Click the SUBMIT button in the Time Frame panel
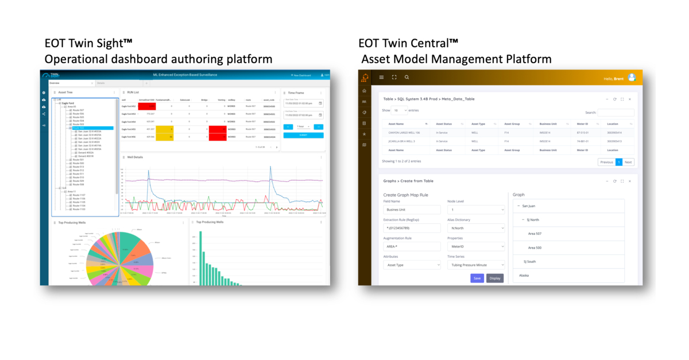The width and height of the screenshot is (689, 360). [x=303, y=136]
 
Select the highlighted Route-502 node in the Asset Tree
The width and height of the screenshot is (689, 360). [x=79, y=127]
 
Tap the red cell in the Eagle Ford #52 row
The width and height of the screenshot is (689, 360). [x=147, y=106]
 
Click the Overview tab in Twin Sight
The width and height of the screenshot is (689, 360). [x=54, y=83]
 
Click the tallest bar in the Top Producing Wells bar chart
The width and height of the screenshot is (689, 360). [x=200, y=258]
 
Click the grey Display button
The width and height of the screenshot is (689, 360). [x=495, y=278]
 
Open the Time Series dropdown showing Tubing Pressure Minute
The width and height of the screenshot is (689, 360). [x=476, y=265]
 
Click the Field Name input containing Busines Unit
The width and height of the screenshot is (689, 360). [x=412, y=210]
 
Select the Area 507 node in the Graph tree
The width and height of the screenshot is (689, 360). [x=535, y=234]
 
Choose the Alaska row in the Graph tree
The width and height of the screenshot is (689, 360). [x=524, y=276]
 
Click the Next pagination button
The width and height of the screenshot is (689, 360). [x=628, y=162]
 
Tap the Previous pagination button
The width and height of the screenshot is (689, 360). [x=606, y=162]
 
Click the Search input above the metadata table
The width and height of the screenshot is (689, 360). [x=616, y=113]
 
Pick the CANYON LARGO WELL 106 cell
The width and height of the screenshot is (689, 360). [x=404, y=133]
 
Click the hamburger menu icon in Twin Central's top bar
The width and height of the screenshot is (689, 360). [x=381, y=77]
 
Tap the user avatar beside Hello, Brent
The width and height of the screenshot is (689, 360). [x=632, y=78]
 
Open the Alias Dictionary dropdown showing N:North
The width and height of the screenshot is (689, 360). [x=476, y=228]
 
